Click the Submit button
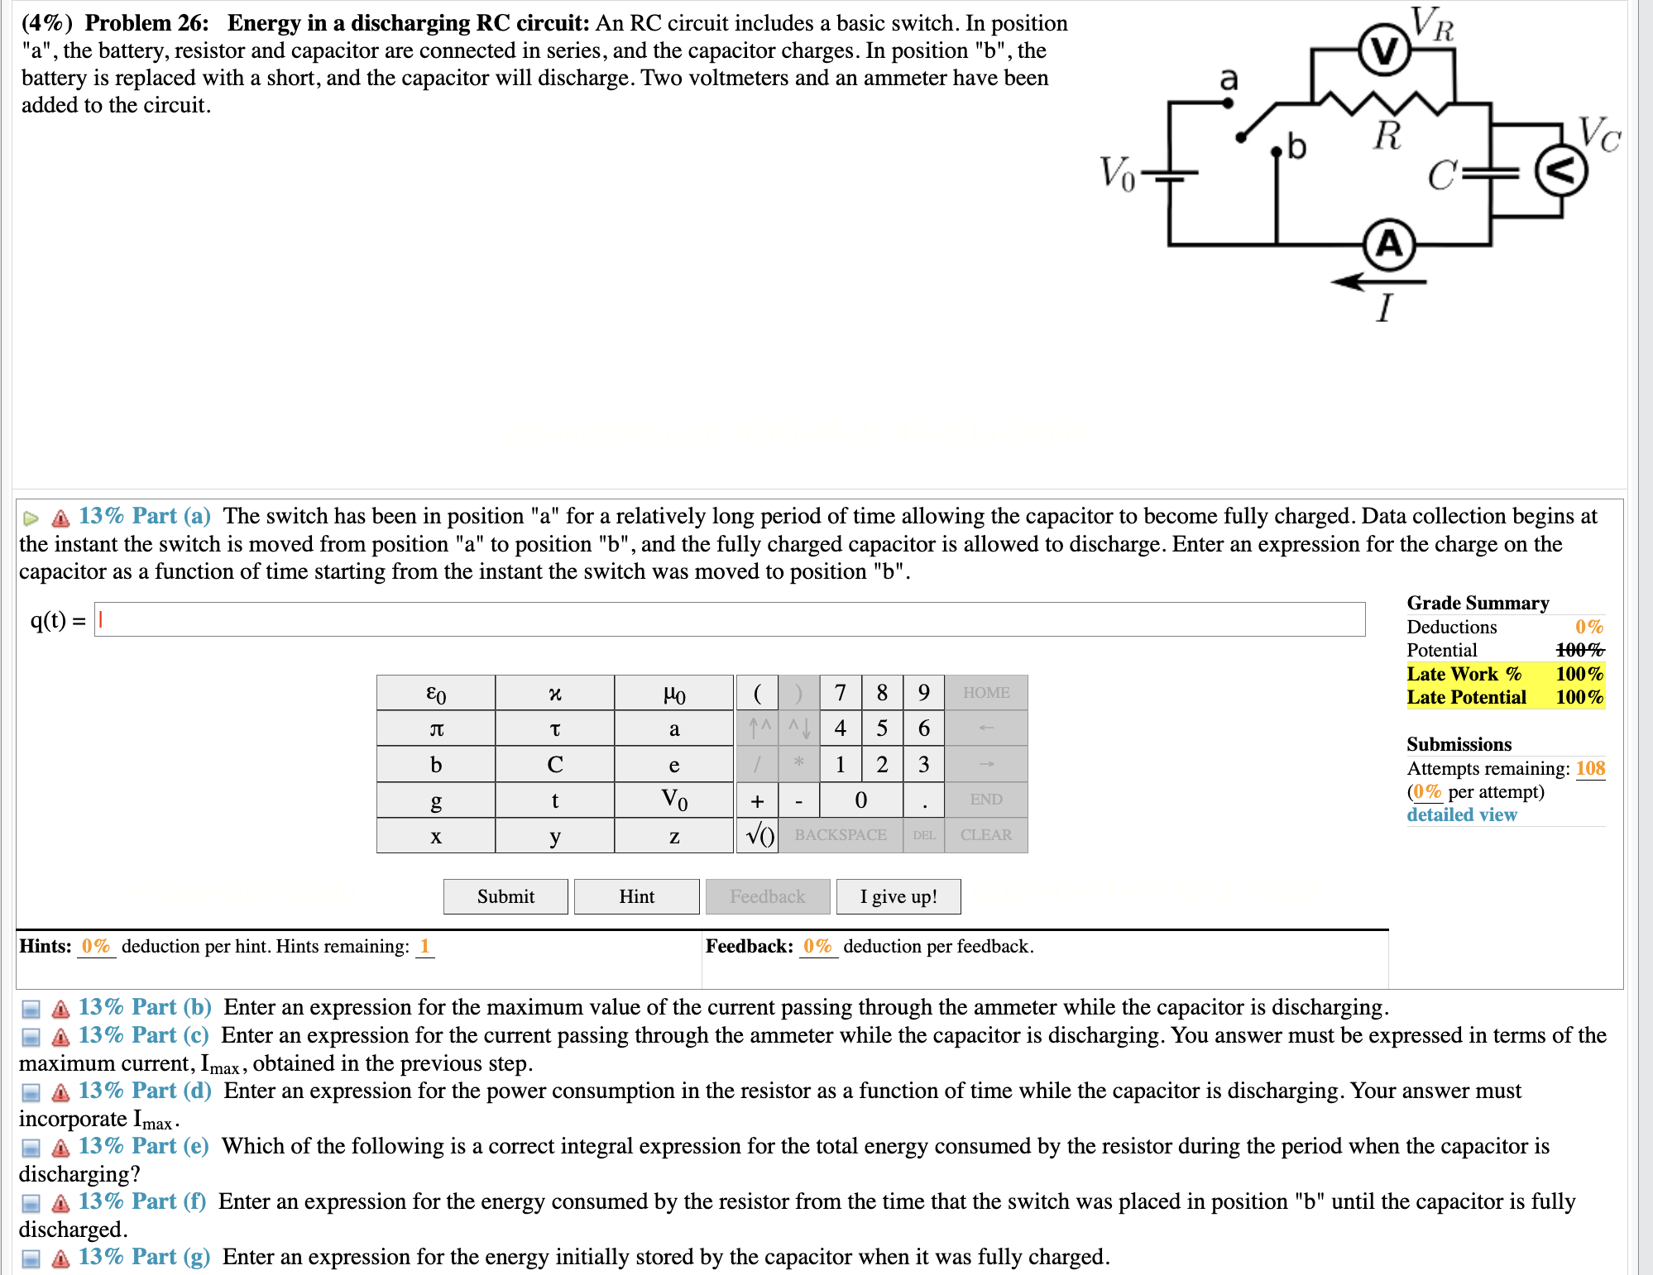[505, 896]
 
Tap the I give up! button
[898, 896]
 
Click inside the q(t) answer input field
[728, 620]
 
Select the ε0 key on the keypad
[436, 693]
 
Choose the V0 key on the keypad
[673, 800]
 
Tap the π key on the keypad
[436, 728]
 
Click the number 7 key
[840, 693]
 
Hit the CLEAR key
[985, 835]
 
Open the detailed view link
[1462, 815]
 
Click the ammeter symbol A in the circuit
[1389, 245]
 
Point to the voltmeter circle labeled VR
[1384, 51]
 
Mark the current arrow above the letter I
[1377, 282]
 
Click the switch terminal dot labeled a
[1228, 103]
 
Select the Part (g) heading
[145, 1257]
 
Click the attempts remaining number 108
[1590, 768]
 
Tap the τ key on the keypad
[554, 728]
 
